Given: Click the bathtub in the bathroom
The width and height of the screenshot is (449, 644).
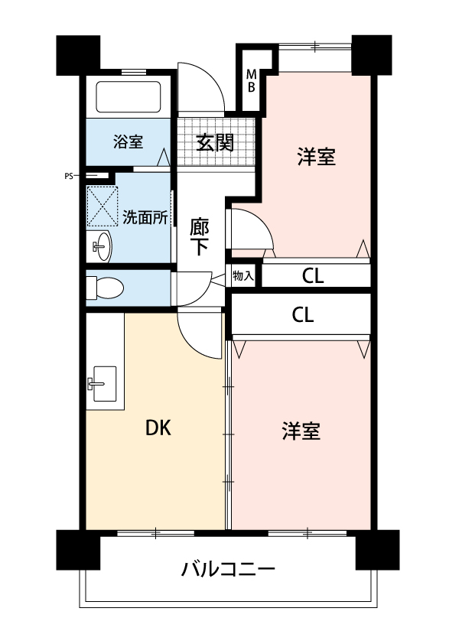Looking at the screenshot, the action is click(128, 96).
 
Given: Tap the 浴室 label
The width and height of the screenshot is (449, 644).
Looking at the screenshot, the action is click(129, 141).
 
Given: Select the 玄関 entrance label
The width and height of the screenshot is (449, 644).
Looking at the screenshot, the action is click(215, 142).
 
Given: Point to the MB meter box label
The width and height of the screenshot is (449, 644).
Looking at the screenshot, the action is click(251, 81).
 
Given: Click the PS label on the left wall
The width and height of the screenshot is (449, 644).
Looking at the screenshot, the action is click(69, 177).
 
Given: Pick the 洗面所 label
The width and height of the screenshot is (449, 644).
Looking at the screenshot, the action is click(145, 217).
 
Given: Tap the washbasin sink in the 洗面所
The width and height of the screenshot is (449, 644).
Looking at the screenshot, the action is click(101, 246).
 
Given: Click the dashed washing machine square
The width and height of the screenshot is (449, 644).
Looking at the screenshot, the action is click(102, 207).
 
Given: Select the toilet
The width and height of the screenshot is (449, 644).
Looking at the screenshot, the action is click(105, 287).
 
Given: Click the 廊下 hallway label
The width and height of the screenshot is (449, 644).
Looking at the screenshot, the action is click(199, 237).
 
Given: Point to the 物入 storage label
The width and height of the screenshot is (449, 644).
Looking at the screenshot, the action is click(242, 275).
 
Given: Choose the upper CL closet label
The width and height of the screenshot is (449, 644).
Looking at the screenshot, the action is click(313, 276).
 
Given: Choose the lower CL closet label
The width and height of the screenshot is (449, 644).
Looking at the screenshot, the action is click(303, 315).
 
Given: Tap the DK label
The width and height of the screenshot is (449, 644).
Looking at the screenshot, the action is click(158, 428).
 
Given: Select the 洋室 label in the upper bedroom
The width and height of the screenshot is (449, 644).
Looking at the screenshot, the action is click(317, 157).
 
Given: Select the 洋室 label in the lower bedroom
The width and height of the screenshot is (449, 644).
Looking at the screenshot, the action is click(301, 431).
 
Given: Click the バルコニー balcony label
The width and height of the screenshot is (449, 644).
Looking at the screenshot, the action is click(228, 569).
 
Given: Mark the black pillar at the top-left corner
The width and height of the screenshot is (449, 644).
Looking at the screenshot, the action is click(78, 55).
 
